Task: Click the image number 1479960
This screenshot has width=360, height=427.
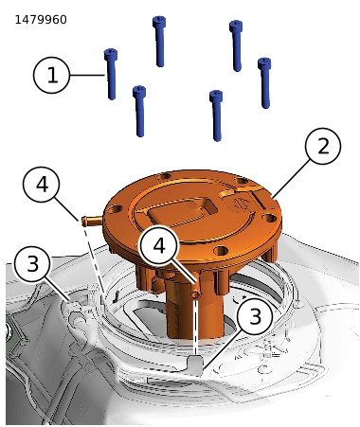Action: (41, 20)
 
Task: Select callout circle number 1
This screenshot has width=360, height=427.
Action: (51, 75)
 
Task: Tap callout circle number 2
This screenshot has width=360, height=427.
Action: (323, 146)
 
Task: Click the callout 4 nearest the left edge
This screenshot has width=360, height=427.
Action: (41, 185)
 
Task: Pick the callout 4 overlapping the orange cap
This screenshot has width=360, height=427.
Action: (159, 244)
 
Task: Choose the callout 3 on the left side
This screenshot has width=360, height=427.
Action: (32, 264)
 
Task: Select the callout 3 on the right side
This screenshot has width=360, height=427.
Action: (255, 316)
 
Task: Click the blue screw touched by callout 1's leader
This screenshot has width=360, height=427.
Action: (111, 74)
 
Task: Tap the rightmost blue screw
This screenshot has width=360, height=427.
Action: (264, 82)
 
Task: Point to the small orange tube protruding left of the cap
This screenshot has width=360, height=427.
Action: (92, 220)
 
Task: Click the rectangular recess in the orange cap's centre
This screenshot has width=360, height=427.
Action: (183, 211)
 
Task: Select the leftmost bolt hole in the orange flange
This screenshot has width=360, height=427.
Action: (116, 209)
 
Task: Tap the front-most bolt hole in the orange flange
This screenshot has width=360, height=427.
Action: (221, 251)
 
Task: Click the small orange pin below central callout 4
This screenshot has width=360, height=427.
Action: (196, 294)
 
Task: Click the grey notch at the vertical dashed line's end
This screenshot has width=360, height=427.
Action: (195, 365)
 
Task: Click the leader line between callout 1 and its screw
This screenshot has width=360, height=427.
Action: (87, 75)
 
